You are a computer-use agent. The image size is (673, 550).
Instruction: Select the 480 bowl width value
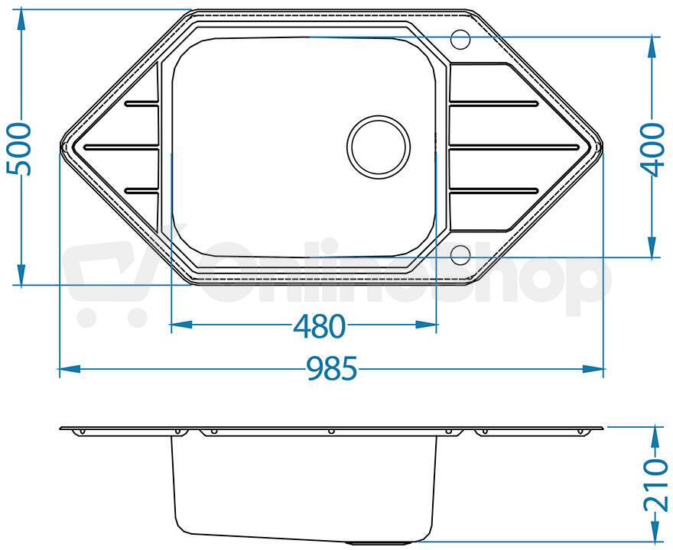pyautogui.click(x=319, y=326)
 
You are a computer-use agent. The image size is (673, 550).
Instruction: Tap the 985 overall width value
pyautogui.click(x=331, y=369)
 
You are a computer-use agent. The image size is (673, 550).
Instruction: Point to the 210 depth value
pyautogui.click(x=656, y=485)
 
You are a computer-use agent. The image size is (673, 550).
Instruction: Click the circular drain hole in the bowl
pyautogui.click(x=378, y=147)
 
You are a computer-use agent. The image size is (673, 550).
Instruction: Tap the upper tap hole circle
pyautogui.click(x=460, y=39)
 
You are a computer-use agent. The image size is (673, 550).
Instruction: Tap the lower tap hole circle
pyautogui.click(x=460, y=255)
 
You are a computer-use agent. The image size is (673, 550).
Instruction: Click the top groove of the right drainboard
pyautogui.click(x=493, y=103)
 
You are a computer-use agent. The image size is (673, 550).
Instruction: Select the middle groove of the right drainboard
pyautogui.click(x=514, y=147)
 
